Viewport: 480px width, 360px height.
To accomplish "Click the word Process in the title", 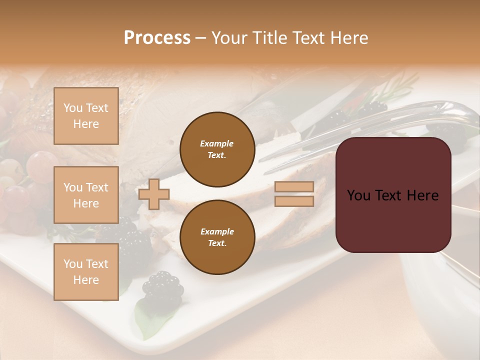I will pyautogui.click(x=157, y=38).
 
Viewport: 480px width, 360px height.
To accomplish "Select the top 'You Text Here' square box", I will pyautogui.click(x=86, y=116).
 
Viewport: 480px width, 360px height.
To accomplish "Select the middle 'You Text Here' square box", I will pyautogui.click(x=86, y=195).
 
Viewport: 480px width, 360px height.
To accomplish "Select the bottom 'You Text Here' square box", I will pyautogui.click(x=86, y=272).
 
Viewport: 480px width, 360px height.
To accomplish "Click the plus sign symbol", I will pyautogui.click(x=154, y=194).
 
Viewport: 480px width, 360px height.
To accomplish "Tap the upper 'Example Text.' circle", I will pyautogui.click(x=217, y=149).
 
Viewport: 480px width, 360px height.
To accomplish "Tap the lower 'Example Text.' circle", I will pyautogui.click(x=217, y=237).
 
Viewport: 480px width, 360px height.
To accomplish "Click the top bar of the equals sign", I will pyautogui.click(x=294, y=187).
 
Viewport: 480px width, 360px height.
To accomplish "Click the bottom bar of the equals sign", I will pyautogui.click(x=294, y=201).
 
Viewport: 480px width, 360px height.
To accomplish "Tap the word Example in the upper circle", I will pyautogui.click(x=217, y=143).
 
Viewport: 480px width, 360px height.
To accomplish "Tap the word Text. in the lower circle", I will pyautogui.click(x=217, y=243).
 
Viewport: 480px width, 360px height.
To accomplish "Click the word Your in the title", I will pyautogui.click(x=229, y=38).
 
